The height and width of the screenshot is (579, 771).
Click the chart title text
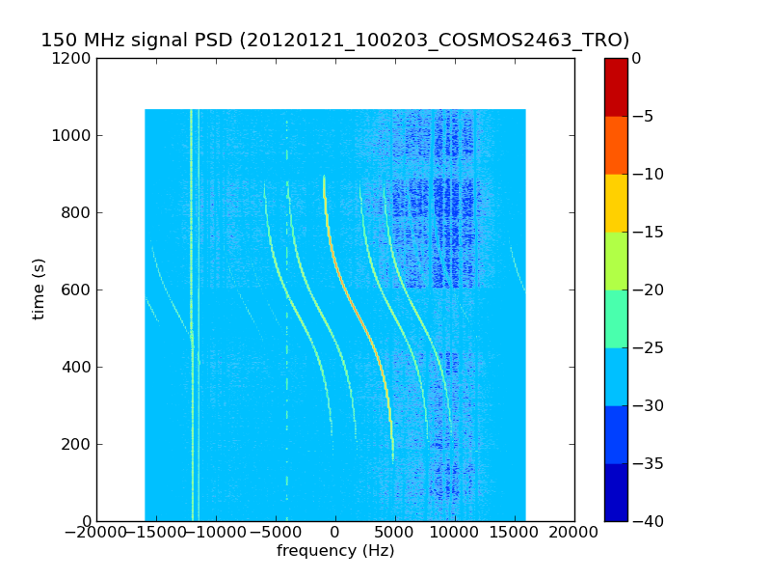(334, 41)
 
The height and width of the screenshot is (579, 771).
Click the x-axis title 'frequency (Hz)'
(335, 551)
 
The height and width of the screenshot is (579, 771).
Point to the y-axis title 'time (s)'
(40, 289)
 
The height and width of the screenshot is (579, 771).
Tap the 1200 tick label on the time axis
(74, 58)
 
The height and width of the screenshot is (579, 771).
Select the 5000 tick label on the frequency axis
(395, 533)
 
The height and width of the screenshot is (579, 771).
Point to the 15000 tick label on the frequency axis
(515, 533)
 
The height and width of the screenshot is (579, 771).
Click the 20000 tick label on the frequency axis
(574, 533)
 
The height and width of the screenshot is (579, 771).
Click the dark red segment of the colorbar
(616, 87)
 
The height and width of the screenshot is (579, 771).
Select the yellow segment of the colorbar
(616, 203)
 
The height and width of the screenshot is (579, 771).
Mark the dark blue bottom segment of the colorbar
(616, 492)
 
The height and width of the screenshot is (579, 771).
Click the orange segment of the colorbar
(616, 145)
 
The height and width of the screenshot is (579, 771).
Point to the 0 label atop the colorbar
(637, 58)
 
